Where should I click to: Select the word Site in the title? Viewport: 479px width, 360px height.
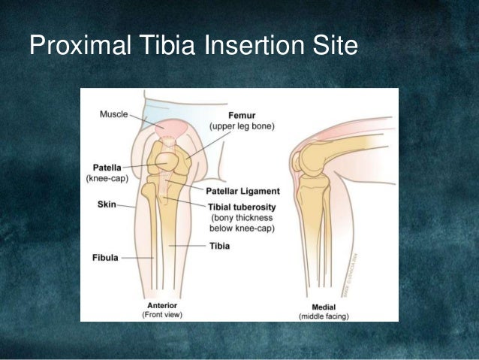click(x=328, y=47)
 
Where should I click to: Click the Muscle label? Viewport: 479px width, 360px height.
click(x=113, y=114)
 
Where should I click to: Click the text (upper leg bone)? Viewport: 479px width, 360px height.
click(x=242, y=127)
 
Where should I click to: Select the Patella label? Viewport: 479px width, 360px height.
click(x=107, y=168)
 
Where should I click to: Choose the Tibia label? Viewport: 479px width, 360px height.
click(x=220, y=245)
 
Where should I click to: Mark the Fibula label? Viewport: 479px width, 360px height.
click(x=105, y=257)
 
